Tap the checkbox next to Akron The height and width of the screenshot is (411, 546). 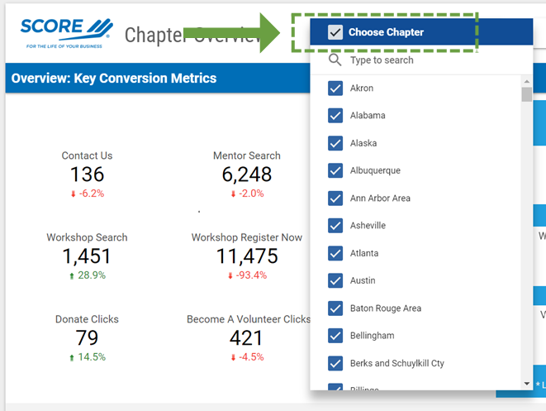tap(335, 88)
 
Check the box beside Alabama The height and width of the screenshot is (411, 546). tap(335, 116)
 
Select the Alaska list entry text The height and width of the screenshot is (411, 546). tap(363, 143)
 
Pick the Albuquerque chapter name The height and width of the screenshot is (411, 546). tap(375, 170)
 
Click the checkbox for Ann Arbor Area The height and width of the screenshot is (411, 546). tap(335, 198)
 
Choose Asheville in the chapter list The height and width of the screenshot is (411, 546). tap(368, 226)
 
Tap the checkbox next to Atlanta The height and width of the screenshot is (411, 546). tap(335, 253)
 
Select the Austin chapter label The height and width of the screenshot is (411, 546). tap(363, 280)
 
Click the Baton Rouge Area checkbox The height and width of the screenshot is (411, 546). tap(335, 308)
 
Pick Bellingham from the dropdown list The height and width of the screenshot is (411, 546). tap(372, 336)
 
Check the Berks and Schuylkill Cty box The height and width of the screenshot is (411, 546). tap(335, 363)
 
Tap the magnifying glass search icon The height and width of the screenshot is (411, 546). tap(335, 60)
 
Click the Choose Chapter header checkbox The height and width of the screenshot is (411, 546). tap(335, 32)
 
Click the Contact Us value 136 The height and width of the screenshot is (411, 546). tap(87, 174)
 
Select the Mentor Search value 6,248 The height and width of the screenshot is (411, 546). tap(246, 174)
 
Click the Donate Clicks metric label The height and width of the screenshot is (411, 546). tap(87, 319)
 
